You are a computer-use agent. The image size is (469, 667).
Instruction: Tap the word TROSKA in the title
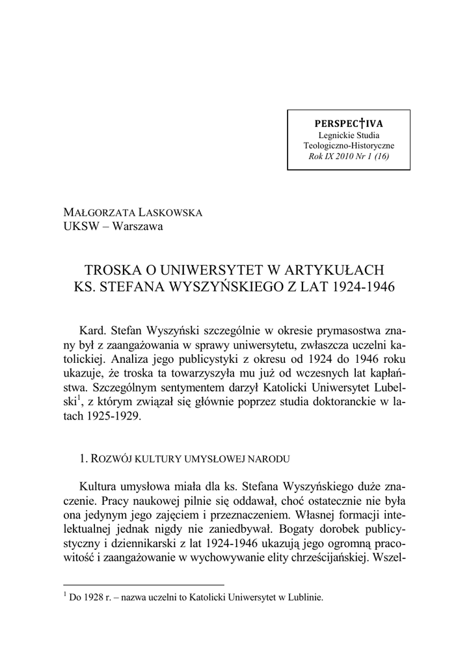pyautogui.click(x=114, y=269)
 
